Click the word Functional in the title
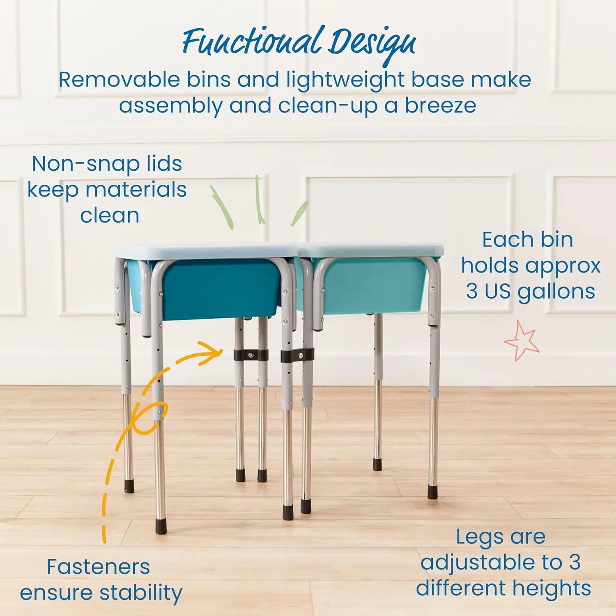251,42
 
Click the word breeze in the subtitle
440,106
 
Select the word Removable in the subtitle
119,80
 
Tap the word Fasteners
98,567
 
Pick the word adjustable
491,563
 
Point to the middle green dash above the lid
259,200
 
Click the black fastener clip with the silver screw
297,355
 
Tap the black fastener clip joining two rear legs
251,355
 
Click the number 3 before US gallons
471,292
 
